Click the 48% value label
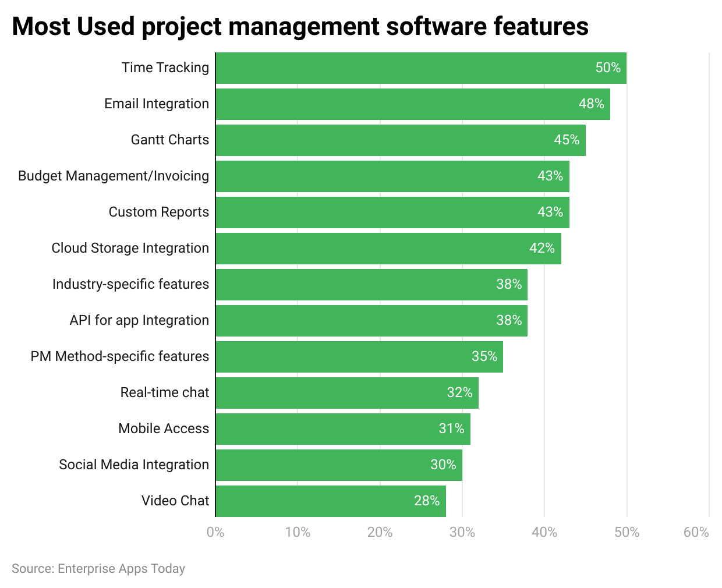tap(591, 104)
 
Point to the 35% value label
tap(484, 357)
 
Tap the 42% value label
tap(541, 249)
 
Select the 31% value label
tap(451, 429)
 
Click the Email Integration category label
tap(157, 104)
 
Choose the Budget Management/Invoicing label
tap(114, 176)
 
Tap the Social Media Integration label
tap(134, 465)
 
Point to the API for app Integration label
tap(139, 320)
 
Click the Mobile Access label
tap(164, 428)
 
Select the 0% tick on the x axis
tap(215, 532)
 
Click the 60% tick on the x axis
tap(696, 532)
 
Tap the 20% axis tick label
tap(380, 532)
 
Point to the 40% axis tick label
tap(544, 532)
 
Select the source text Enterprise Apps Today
tap(121, 569)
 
